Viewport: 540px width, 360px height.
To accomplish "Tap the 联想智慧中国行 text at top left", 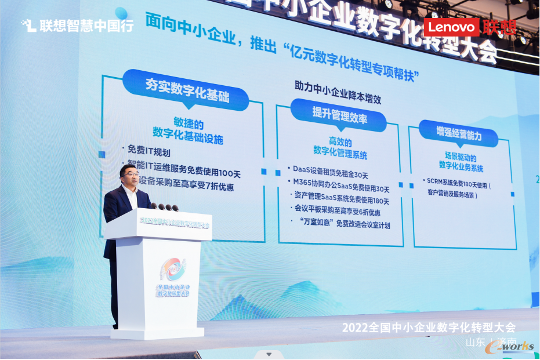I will click(78, 26).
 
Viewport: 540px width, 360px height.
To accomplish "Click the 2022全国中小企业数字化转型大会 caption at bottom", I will click(429, 328).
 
